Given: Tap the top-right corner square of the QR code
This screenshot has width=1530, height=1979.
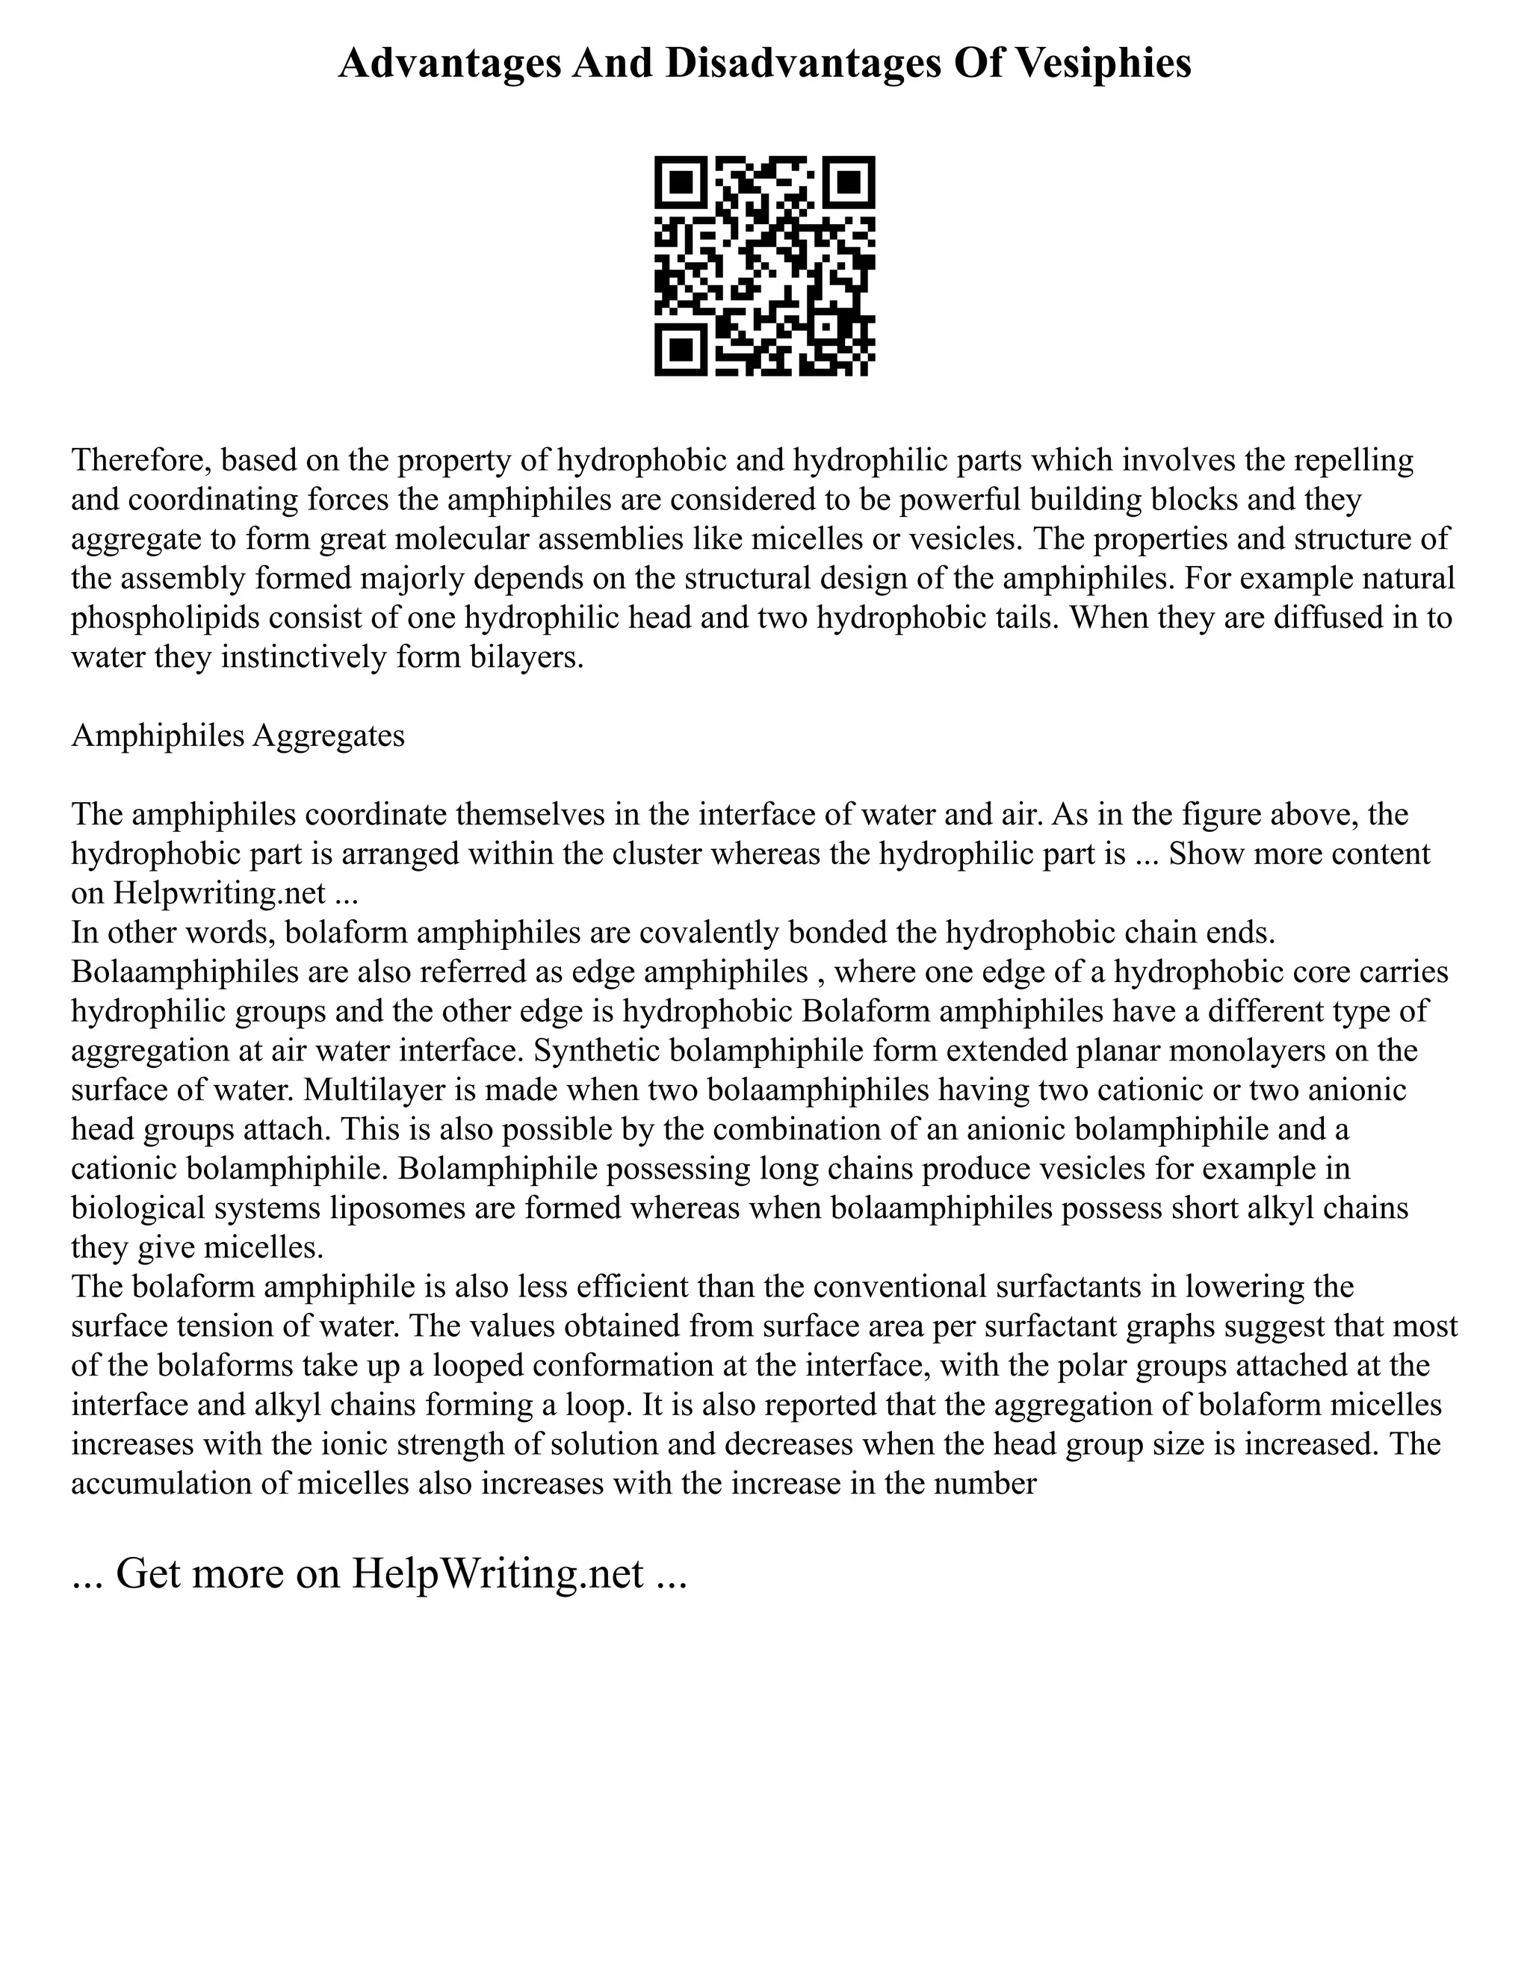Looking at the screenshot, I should pos(849,182).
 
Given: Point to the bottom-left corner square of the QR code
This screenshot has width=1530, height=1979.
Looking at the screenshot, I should pos(681,349).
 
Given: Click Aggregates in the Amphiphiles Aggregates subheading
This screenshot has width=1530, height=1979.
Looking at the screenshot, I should pos(328,736).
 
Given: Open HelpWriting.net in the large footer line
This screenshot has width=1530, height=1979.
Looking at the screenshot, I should pos(498,1574).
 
